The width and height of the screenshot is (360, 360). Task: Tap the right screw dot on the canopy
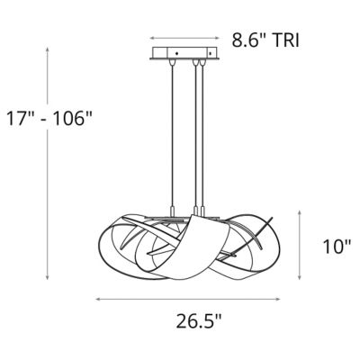click(211, 55)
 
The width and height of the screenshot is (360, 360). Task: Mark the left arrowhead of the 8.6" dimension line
click(152, 40)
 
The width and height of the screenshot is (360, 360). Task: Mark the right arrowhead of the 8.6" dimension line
click(216, 40)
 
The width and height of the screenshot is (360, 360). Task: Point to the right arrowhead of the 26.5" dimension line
click(285, 298)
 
